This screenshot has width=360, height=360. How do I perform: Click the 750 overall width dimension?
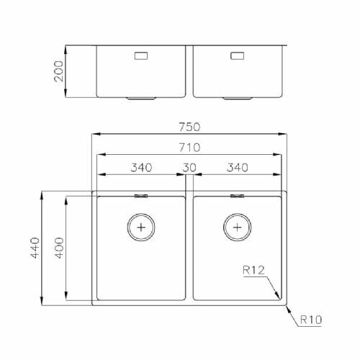[x=189, y=126]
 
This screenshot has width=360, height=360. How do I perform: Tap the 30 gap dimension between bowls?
[x=189, y=168]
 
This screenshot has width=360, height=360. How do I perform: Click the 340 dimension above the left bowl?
[x=141, y=168]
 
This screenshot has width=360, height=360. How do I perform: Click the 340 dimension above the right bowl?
[x=237, y=168]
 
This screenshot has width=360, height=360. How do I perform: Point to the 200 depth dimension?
[x=59, y=72]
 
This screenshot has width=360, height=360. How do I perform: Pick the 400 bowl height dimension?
[x=59, y=248]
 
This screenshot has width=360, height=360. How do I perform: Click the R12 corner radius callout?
[x=254, y=270]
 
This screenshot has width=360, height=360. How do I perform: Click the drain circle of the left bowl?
[x=141, y=227]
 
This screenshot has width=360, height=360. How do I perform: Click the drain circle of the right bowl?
[x=238, y=227]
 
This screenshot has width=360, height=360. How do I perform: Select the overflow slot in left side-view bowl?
[x=140, y=54]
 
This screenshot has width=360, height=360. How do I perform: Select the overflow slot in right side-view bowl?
[x=237, y=54]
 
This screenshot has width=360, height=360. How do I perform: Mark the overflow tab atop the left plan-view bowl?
[x=141, y=195]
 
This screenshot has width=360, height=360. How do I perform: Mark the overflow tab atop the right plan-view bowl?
[x=238, y=195]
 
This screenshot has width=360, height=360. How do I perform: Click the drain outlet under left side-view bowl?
[x=141, y=97]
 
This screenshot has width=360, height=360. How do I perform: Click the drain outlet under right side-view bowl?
[x=238, y=97]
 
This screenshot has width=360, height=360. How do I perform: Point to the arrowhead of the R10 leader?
[x=287, y=308]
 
